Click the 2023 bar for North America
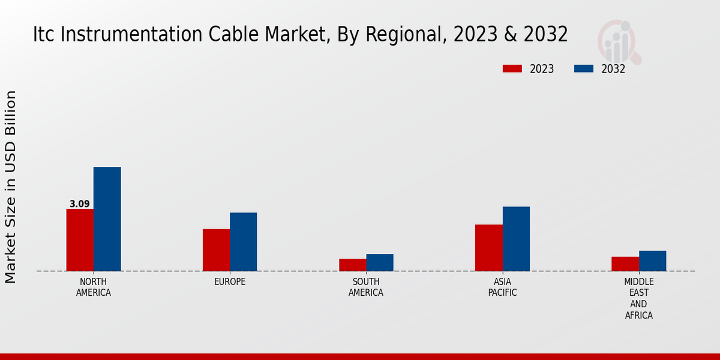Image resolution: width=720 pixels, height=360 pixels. (x=80, y=240)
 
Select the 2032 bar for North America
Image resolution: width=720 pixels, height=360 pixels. (x=107, y=219)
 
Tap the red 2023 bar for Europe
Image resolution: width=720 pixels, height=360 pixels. (x=216, y=250)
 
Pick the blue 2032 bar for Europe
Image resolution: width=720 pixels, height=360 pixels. (x=243, y=242)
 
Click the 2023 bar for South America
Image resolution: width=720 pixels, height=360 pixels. (x=352, y=265)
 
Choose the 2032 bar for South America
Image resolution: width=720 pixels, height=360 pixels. (x=380, y=262)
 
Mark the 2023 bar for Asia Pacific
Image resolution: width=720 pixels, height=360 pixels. (x=488, y=248)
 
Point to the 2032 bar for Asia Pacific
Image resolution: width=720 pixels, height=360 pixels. (x=516, y=239)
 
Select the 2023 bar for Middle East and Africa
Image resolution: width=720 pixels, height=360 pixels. (x=625, y=264)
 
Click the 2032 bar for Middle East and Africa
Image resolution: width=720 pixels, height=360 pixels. (x=652, y=261)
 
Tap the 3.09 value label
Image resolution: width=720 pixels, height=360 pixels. (x=80, y=204)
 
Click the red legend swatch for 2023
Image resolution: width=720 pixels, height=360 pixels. (x=512, y=68)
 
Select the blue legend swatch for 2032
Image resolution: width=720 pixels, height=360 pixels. (x=583, y=68)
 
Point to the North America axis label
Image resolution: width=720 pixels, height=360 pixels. (x=93, y=287)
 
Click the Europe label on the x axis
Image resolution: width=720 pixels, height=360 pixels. (x=230, y=282)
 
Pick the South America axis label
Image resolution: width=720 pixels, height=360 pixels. (x=366, y=287)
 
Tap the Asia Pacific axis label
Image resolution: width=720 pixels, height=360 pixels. (x=502, y=287)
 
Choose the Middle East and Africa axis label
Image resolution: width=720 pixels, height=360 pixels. (x=638, y=298)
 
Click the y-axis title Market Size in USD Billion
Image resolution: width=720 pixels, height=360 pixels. (x=11, y=187)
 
